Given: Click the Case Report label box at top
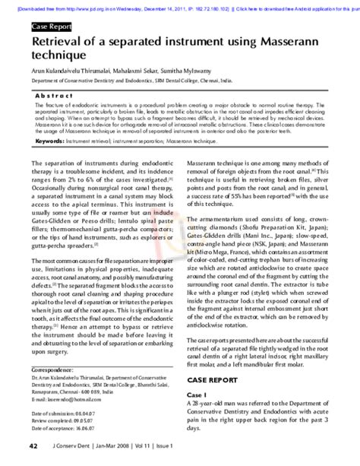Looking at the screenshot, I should pyautogui.click(x=51, y=27).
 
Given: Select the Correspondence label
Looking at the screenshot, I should pyautogui.click(x=52, y=366).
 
